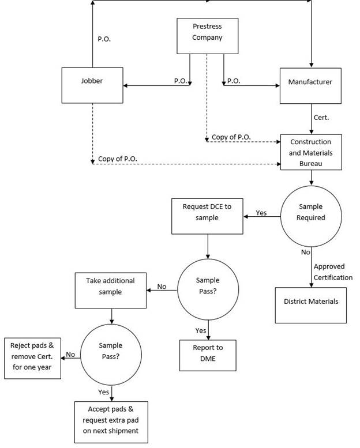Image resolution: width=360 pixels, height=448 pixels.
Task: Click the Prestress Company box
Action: coord(207,32)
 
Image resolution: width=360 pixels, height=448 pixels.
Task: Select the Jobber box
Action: coord(92,85)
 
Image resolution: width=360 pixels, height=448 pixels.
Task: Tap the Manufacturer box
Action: coord(310,85)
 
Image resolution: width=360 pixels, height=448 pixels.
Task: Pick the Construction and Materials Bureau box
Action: coord(310,152)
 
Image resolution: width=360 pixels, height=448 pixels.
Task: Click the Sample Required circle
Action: coord(311,212)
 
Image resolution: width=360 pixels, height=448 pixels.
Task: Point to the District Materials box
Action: coord(311,302)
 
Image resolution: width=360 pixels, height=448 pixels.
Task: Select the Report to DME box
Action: coord(208,353)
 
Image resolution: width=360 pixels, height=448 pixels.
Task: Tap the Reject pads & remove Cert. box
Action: coord(32,357)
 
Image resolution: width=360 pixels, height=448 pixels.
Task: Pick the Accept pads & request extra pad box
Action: coord(111,421)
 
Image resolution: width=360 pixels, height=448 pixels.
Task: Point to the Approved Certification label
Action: coord(333,272)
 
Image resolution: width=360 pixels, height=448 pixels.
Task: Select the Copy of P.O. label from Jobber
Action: coord(118,159)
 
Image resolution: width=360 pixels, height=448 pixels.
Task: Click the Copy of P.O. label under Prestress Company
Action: coord(231,137)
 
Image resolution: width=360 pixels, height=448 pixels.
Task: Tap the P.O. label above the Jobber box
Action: coord(104,39)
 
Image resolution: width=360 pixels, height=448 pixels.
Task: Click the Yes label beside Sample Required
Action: coord(261,213)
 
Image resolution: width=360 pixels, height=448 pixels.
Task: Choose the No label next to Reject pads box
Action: coord(70,355)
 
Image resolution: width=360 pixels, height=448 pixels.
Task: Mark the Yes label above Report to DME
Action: coord(200,330)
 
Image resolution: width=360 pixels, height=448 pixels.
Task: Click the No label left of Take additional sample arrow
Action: coord(162,287)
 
